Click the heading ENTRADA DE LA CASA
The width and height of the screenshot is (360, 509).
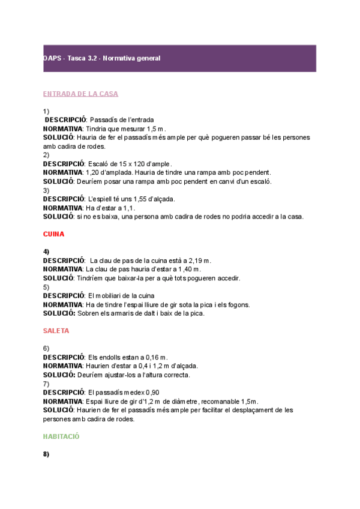coord(80,94)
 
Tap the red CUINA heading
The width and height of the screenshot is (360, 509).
coord(53,233)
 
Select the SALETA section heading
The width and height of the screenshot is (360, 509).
coord(56,331)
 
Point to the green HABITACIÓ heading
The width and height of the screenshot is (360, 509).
coord(61,437)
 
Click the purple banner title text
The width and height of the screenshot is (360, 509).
coord(101,58)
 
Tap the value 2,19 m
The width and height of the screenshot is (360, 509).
coord(197,261)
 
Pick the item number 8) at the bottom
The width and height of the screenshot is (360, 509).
coord(46,454)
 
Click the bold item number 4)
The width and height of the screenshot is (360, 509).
coord(46,251)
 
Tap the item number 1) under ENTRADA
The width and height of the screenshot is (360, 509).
coord(46,111)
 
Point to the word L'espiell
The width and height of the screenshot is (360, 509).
coord(103,199)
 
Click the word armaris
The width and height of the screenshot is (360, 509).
coord(125,313)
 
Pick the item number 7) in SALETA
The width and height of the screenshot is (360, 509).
coord(46,384)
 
